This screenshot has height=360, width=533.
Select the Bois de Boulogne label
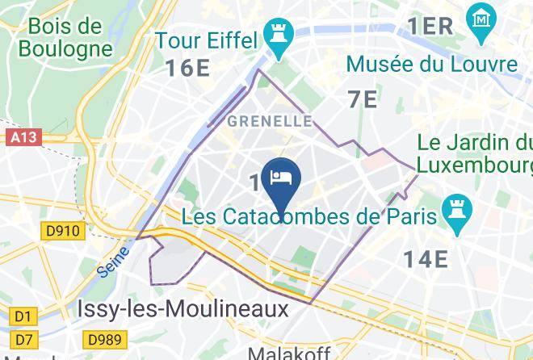point(65,37)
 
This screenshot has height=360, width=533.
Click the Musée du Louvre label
point(431,64)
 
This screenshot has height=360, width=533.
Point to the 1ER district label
point(430,26)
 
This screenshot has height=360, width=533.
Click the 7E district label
point(362,99)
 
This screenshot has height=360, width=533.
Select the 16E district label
point(188,68)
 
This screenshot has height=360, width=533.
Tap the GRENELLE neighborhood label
point(270,121)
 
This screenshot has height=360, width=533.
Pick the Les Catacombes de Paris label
point(309,217)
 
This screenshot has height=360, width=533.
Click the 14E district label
point(426,259)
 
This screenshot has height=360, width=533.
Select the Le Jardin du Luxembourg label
point(475,155)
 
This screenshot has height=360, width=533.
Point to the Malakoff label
point(285,354)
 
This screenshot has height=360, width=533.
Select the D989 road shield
point(104,340)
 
